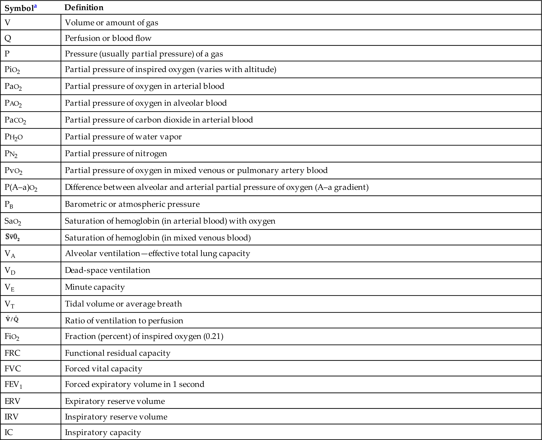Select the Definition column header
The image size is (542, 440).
tap(84, 8)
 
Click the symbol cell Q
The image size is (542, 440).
tap(8, 38)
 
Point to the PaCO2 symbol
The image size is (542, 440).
tap(15, 120)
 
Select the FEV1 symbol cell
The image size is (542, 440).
tap(13, 385)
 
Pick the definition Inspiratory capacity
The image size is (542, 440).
tap(103, 432)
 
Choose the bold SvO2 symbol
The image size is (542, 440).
tap(12, 237)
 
